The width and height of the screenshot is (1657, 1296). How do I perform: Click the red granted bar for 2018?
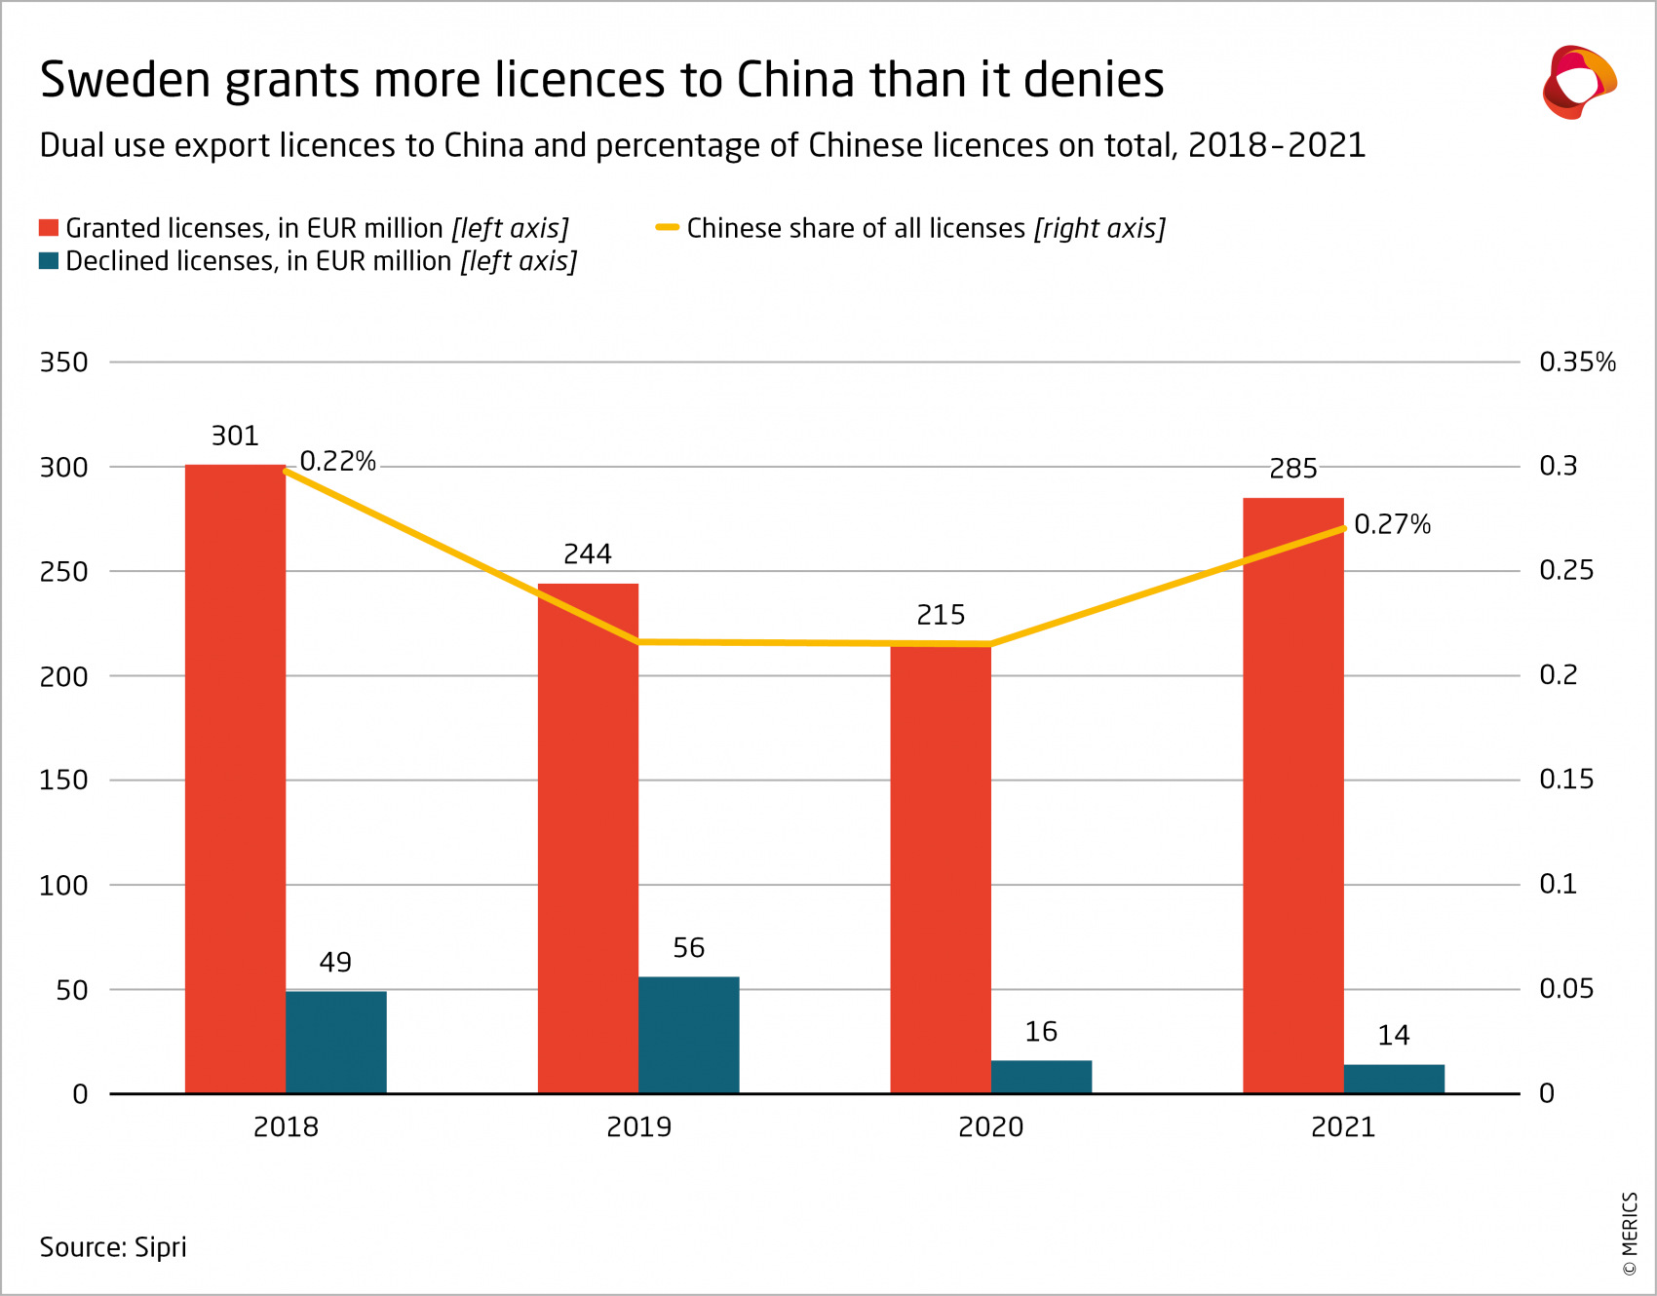coord(235,780)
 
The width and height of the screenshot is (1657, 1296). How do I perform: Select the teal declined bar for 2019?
coord(688,1035)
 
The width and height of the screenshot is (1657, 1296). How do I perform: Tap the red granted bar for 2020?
coord(941,867)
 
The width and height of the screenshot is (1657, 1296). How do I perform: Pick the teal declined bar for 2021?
coord(1394,1079)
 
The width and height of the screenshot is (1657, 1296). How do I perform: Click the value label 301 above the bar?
coord(235,436)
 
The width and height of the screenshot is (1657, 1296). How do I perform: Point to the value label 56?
coord(688,948)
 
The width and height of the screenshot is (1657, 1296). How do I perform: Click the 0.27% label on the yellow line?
coord(1392,525)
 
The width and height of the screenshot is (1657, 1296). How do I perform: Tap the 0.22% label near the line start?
coord(337,462)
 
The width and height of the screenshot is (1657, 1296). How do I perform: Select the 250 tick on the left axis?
coord(63,572)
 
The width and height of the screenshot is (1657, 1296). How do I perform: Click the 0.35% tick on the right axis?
coord(1577,362)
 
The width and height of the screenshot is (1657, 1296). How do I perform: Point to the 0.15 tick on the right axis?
coord(1565,780)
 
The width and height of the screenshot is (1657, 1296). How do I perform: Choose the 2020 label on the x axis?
coord(990,1127)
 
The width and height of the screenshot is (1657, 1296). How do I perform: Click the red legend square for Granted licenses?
coord(49,228)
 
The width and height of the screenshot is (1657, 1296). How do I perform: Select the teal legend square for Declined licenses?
coord(49,261)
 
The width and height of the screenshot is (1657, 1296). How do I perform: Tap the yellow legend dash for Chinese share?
coord(667,228)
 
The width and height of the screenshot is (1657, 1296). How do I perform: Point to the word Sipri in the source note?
coord(160,1247)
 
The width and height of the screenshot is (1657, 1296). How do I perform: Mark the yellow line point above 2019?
coord(638,642)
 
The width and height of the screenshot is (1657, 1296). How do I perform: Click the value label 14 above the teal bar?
coord(1394,1036)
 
